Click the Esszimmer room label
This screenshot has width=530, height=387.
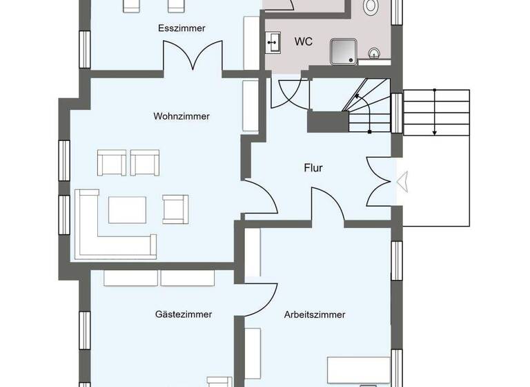click(181, 28)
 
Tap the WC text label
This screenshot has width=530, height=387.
click(304, 41)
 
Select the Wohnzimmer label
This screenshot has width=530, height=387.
click(181, 116)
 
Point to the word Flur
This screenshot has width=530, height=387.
click(313, 168)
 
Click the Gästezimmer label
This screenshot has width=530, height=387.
click(183, 314)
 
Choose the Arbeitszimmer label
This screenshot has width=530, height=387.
click(315, 314)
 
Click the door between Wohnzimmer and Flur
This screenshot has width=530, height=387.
click(262, 196)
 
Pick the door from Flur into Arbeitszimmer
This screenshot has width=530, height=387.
click(328, 205)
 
